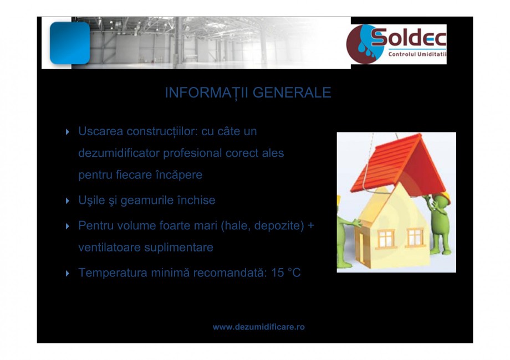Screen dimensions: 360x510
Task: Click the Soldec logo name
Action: click(408, 38)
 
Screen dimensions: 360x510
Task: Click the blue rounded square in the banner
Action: click(69, 43)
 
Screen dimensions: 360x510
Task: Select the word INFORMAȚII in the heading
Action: click(206, 92)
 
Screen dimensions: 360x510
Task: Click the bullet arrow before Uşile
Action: click(68, 200)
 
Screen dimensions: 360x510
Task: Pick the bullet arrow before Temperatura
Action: click(68, 274)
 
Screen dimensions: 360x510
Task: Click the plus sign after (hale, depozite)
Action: click(310, 226)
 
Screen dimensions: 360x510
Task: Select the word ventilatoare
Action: click(109, 248)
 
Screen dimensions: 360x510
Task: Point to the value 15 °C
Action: click(286, 273)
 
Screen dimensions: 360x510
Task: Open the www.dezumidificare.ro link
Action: click(259, 327)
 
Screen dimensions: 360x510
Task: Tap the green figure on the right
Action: click(440, 222)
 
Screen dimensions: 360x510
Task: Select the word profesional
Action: click(188, 153)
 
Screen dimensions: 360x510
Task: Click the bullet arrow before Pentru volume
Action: click(68, 227)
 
